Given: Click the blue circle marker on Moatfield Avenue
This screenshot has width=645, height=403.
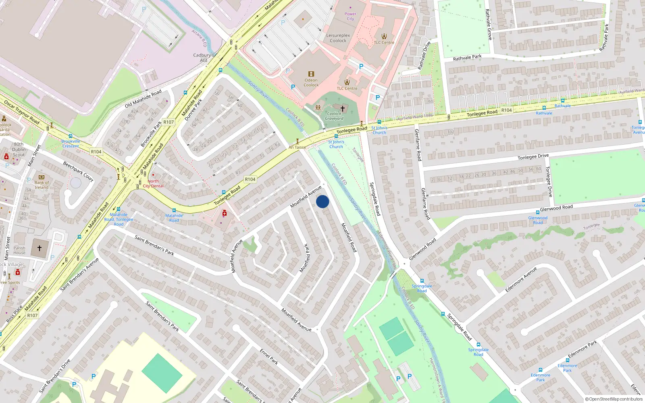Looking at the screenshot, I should coord(322,201).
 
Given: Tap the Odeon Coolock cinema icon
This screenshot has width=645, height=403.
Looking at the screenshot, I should coord(311,74).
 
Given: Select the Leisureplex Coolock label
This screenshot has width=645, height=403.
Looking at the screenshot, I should coord(338,38).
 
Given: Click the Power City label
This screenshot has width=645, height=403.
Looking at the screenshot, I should coord(350,16).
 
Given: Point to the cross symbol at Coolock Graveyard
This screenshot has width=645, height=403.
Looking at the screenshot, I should coord(343,108).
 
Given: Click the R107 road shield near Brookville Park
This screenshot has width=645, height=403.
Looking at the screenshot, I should coord(169,122).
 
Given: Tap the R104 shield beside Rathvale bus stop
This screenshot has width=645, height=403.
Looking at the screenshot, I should coord(506,110).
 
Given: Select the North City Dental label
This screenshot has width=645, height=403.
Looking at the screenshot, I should coord(153,184).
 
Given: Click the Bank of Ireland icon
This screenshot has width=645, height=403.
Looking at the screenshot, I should coord(41,177).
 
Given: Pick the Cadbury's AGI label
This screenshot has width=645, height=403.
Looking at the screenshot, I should coord(203,58).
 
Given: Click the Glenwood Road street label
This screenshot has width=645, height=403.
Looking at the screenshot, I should coord(556,208).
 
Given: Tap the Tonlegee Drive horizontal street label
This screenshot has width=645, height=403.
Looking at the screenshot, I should coord(533,157).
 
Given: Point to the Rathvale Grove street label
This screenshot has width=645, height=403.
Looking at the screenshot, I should coord(489,24).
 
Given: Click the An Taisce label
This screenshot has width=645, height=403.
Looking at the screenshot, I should coord(297,147).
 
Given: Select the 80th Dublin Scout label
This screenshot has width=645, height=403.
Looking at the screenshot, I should coord(19,150).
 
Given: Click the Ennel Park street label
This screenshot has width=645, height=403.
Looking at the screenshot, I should coord(269,357).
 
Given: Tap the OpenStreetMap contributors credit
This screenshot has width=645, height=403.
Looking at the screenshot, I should coord(614,399).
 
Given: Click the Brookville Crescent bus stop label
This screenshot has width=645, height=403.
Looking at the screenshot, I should coord(71,143).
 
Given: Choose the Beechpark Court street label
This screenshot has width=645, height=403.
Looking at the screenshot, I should coord(78,171).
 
